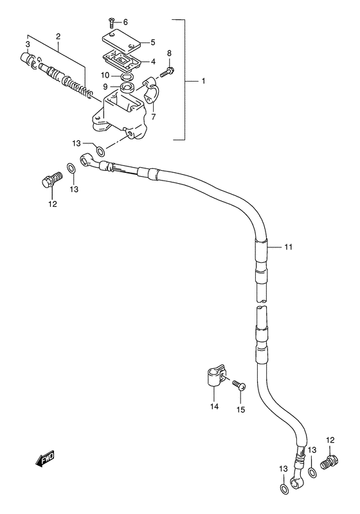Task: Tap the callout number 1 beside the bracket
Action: [x=203, y=81]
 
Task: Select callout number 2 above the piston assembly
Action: [x=58, y=36]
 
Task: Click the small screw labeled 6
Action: [x=111, y=23]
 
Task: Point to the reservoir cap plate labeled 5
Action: [x=122, y=42]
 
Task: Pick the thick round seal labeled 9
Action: [x=127, y=88]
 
